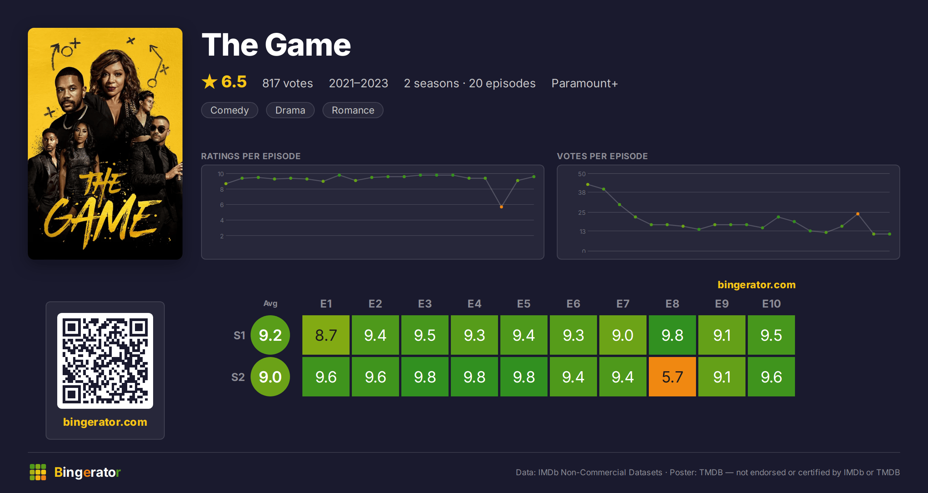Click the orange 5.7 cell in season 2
672,377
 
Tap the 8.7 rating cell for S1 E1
326,335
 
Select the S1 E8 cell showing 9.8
672,335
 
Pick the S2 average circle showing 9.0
270,377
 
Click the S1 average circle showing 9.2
270,335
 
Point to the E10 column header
771,304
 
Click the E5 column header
524,304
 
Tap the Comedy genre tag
230,110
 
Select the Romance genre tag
353,110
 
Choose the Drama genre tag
290,110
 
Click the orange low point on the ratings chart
501,207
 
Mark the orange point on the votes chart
858,214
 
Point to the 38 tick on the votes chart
582,192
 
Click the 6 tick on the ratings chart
222,205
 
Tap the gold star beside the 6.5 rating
210,82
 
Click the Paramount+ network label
584,83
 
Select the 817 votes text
287,83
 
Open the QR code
105,361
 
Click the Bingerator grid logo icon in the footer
38,472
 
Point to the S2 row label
238,377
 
